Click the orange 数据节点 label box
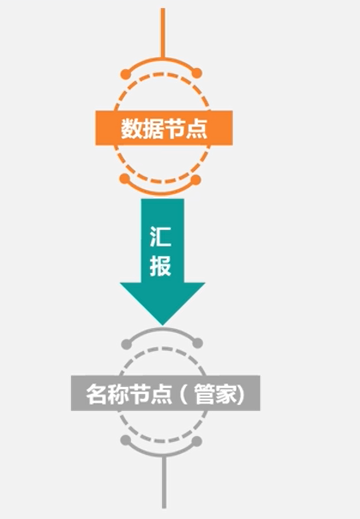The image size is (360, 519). click(x=163, y=128)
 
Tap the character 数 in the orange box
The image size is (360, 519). click(x=131, y=128)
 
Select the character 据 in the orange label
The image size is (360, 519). click(x=153, y=128)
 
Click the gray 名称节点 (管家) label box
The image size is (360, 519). click(x=165, y=393)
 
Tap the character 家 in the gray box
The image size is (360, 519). click(x=228, y=394)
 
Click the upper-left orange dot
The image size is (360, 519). click(x=126, y=74)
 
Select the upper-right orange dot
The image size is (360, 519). click(x=197, y=74)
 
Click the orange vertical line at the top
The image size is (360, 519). click(x=162, y=30)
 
